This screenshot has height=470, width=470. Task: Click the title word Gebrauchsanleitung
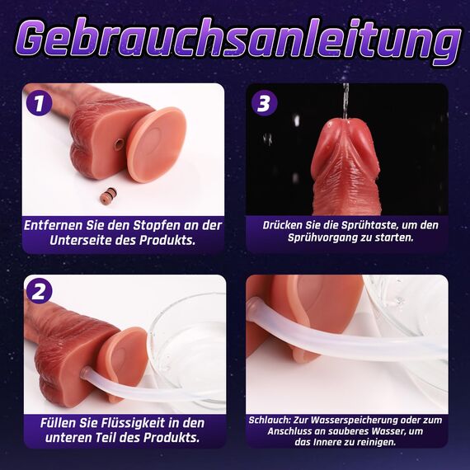[x=235, y=41]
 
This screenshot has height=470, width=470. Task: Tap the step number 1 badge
[x=37, y=104]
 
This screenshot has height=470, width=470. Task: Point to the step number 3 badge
[x=263, y=104]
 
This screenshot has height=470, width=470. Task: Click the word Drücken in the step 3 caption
[x=281, y=224]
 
